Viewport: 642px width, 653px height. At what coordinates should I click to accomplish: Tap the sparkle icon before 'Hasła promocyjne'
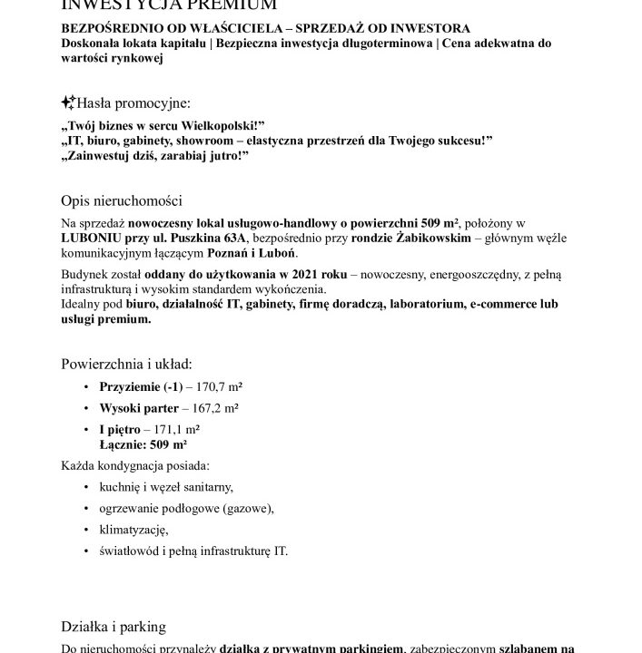68,103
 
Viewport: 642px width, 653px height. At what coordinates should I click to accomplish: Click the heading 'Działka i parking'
114,626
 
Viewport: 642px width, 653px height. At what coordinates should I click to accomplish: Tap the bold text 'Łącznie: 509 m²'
143,444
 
